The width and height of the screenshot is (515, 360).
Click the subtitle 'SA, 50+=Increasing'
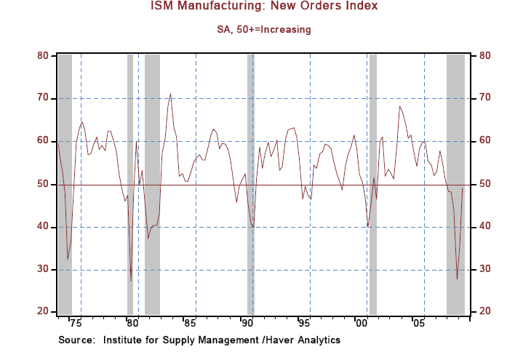[x=257, y=30]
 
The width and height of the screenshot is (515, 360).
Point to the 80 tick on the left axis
[x=43, y=55]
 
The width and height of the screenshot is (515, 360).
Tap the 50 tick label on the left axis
[x=43, y=184]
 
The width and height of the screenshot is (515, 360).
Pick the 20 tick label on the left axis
[x=43, y=312]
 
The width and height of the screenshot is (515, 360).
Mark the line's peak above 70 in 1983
[x=171, y=94]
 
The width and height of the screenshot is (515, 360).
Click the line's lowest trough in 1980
[x=131, y=281]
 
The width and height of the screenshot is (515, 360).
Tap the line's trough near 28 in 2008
[x=457, y=279]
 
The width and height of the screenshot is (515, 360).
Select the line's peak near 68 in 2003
[x=399, y=107]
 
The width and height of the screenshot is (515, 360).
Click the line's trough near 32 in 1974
[x=68, y=259]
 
